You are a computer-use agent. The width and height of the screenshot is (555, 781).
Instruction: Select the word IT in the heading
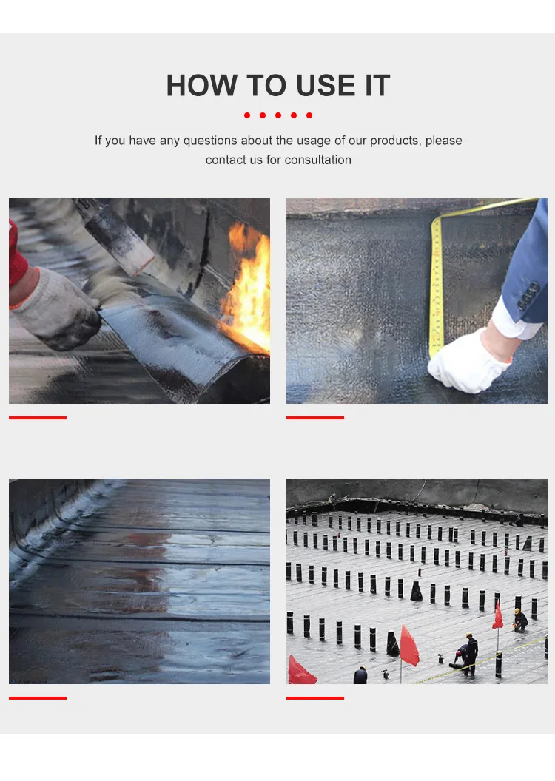[377, 85]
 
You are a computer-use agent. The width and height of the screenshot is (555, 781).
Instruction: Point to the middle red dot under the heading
[278, 115]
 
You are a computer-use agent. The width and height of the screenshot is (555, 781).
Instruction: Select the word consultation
[318, 160]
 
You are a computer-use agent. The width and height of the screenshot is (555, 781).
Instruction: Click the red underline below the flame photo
[37, 418]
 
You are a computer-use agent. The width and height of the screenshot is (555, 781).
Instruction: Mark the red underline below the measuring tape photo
[314, 418]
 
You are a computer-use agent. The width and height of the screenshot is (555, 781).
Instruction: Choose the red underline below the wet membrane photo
[37, 698]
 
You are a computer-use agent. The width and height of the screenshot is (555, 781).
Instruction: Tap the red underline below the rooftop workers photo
[314, 698]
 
